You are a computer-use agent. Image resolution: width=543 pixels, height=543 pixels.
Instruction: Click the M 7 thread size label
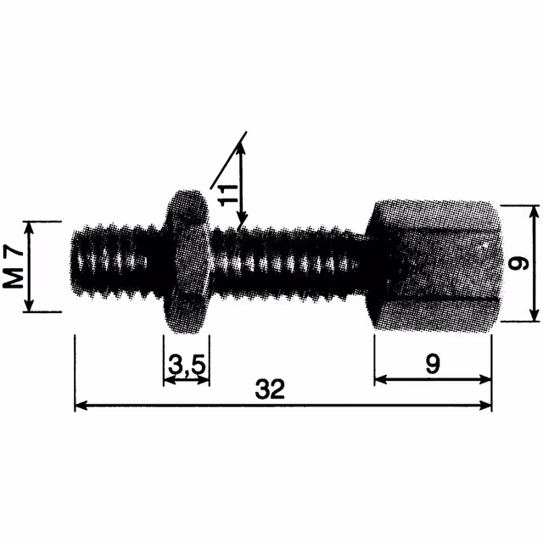(14, 266)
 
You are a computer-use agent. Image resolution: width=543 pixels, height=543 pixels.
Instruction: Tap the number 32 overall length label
(270, 389)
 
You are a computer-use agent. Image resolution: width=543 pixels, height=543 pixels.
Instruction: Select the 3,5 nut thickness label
(187, 366)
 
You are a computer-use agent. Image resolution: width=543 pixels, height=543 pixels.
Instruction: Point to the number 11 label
(229, 196)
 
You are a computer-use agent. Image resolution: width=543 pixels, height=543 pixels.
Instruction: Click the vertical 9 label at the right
(518, 263)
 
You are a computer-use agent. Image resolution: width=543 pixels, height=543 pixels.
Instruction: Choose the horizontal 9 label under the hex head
(433, 364)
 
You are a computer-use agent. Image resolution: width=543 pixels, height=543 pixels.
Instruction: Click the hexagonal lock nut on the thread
(187, 261)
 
